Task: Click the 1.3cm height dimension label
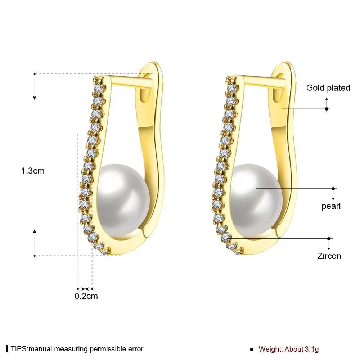point(33,171)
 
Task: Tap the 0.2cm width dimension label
point(86,296)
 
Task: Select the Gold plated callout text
point(328,88)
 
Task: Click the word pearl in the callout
point(331,206)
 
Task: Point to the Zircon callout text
point(329,256)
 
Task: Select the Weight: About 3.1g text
point(289,349)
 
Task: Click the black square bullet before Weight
point(252,350)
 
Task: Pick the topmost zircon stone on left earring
point(99,88)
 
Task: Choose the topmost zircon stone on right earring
point(231,88)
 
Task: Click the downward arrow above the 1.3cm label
point(35,85)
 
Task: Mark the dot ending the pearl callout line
point(333,189)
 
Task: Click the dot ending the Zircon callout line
point(329,239)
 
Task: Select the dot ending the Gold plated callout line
point(327,109)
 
